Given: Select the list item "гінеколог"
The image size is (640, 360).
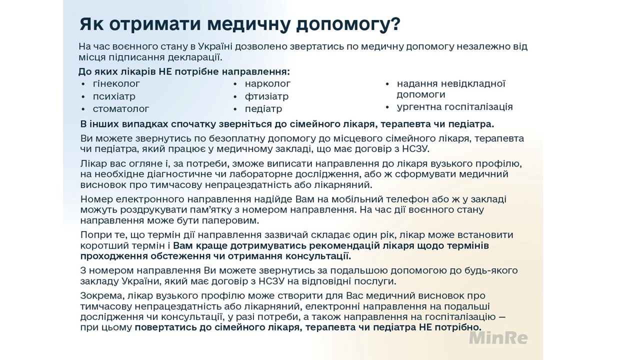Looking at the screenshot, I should [x=116, y=83].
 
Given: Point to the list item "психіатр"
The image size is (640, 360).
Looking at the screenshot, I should [x=114, y=96].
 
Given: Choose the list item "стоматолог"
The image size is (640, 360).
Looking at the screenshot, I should [x=121, y=108].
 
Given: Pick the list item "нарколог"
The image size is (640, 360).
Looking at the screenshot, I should [x=267, y=83].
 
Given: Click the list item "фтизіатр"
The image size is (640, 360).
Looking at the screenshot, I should [x=266, y=96].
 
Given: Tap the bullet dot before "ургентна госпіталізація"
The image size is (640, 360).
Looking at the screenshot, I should [x=387, y=107].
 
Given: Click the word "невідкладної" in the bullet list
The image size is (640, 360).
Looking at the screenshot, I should [x=475, y=83].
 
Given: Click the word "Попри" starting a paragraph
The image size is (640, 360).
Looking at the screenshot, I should [x=93, y=235].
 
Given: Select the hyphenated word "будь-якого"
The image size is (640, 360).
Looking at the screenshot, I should [x=492, y=270].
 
